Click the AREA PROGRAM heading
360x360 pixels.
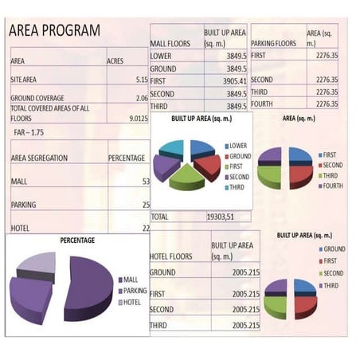click(x=54, y=30)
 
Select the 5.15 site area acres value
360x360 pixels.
click(x=141, y=80)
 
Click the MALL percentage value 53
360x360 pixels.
click(x=144, y=182)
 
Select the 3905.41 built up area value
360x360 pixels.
click(x=231, y=80)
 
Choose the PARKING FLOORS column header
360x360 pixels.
click(x=273, y=44)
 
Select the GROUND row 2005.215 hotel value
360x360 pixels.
click(x=240, y=273)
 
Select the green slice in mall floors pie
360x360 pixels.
click(x=187, y=177)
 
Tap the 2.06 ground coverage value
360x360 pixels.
click(x=141, y=99)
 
